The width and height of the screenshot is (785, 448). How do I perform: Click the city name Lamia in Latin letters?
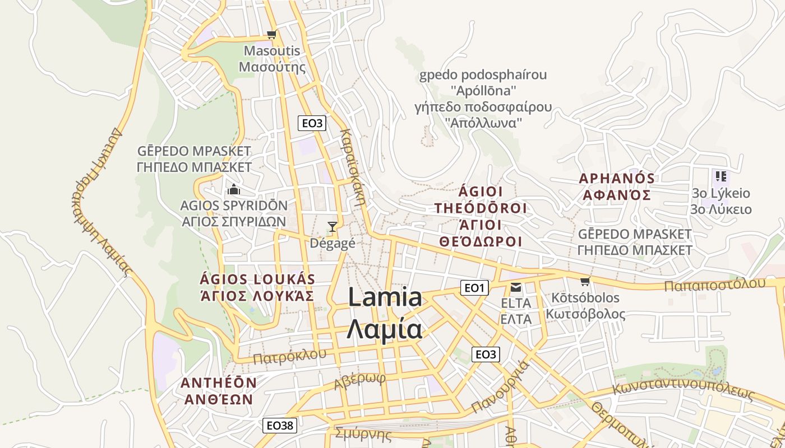pyautogui.click(x=385, y=297)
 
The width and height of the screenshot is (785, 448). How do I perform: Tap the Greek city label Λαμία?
pyautogui.click(x=385, y=329)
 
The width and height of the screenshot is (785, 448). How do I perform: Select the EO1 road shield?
pyautogui.click(x=474, y=288)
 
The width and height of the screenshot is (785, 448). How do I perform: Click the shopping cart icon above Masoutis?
pyautogui.click(x=272, y=35)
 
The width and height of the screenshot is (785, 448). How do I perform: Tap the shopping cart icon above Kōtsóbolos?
pyautogui.click(x=585, y=281)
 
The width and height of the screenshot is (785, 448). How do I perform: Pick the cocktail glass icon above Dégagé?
pyautogui.click(x=333, y=227)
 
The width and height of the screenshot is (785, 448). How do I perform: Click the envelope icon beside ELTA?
pyautogui.click(x=515, y=288)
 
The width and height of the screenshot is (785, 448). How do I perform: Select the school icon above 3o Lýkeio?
pyautogui.click(x=721, y=177)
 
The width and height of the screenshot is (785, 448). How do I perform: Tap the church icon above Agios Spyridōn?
pyautogui.click(x=234, y=189)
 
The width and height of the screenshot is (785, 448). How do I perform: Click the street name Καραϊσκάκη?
pyautogui.click(x=353, y=168)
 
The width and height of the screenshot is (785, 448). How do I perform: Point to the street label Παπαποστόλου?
pyautogui.click(x=714, y=284)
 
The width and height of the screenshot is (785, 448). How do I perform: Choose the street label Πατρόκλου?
pyautogui.click(x=289, y=356)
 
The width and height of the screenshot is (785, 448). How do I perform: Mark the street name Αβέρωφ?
pyautogui.click(x=360, y=381)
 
